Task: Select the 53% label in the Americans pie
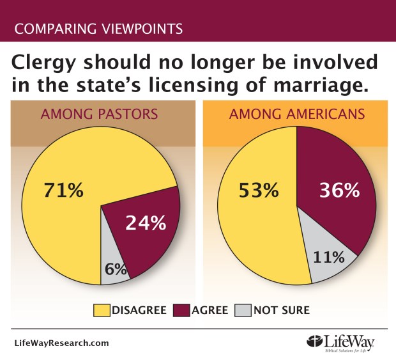tap(258, 190)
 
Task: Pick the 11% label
tap(329, 258)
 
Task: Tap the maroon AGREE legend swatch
tap(182, 311)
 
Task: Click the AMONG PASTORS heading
tap(100, 115)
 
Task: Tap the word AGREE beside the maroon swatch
tap(210, 311)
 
